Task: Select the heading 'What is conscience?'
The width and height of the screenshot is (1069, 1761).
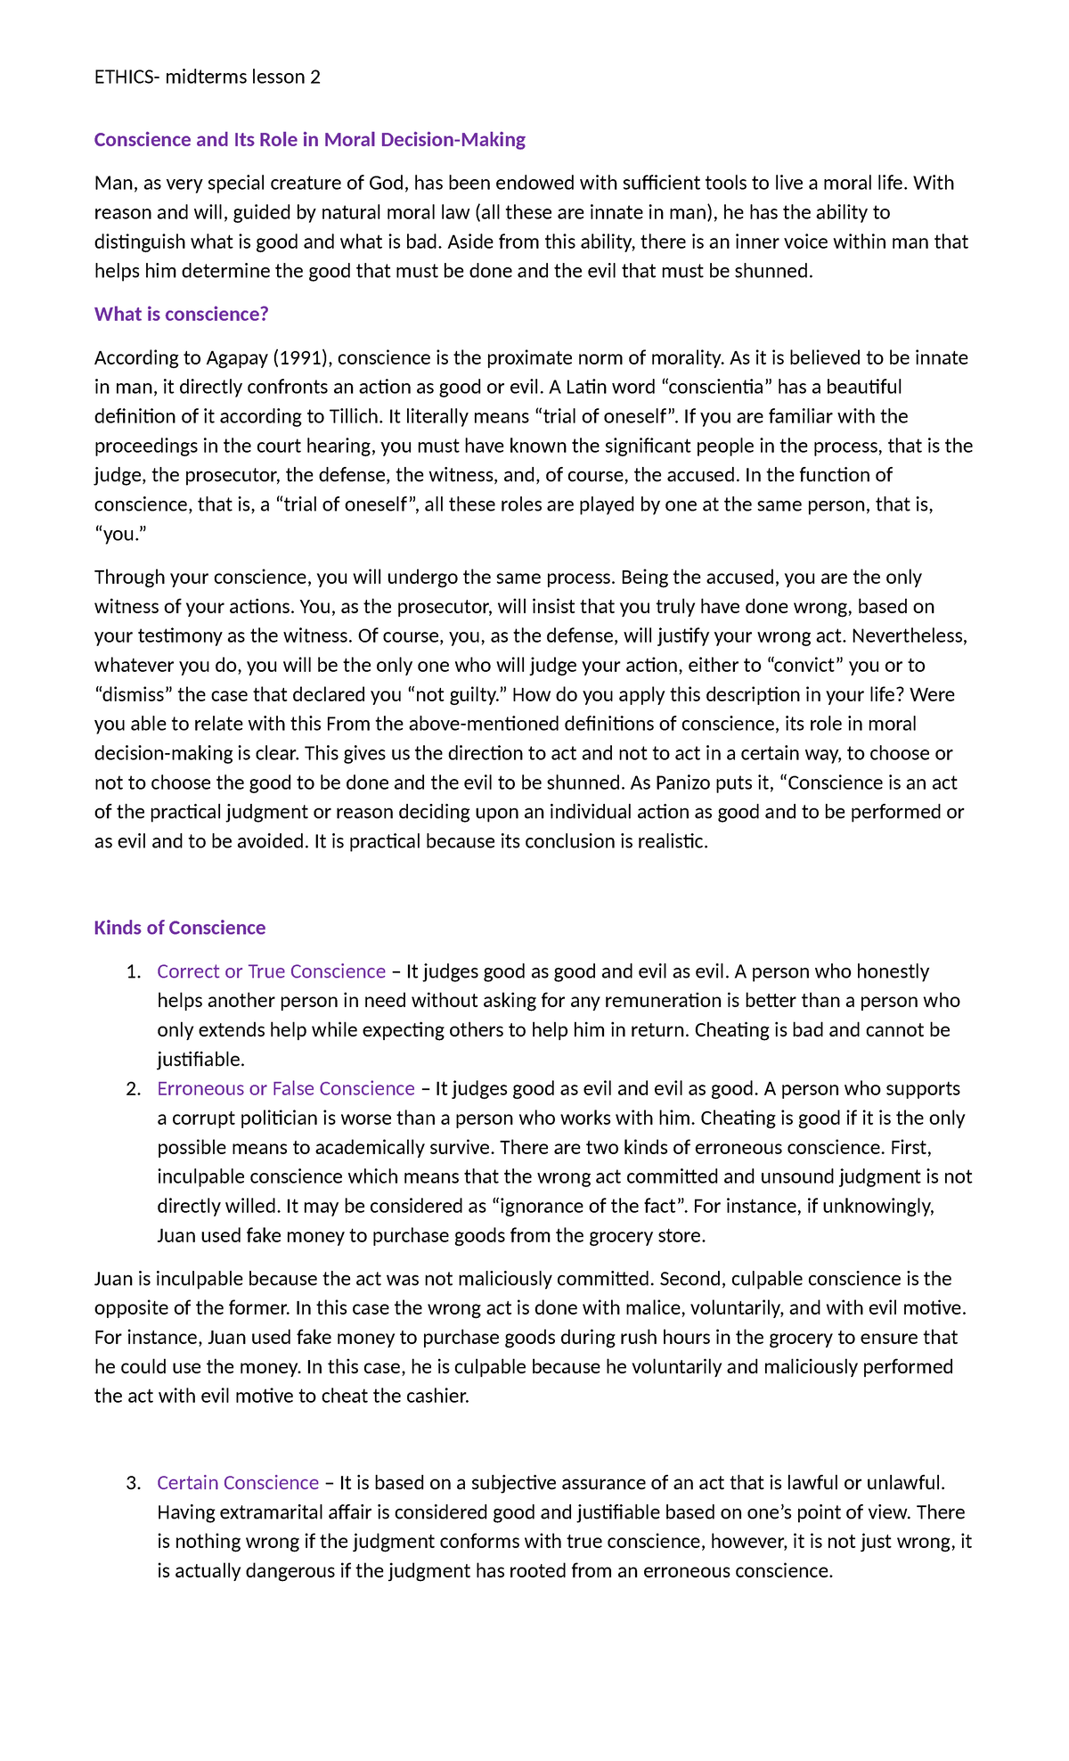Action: (181, 314)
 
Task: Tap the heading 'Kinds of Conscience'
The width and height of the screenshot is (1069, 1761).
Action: (179, 928)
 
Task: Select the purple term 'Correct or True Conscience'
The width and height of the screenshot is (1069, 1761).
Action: (271, 971)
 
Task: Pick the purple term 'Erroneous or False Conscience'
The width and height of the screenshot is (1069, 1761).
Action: (285, 1089)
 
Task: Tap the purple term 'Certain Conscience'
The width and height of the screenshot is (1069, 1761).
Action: (237, 1483)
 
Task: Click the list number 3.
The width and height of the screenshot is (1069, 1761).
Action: (133, 1484)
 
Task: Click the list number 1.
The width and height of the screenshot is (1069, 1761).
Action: (133, 972)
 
